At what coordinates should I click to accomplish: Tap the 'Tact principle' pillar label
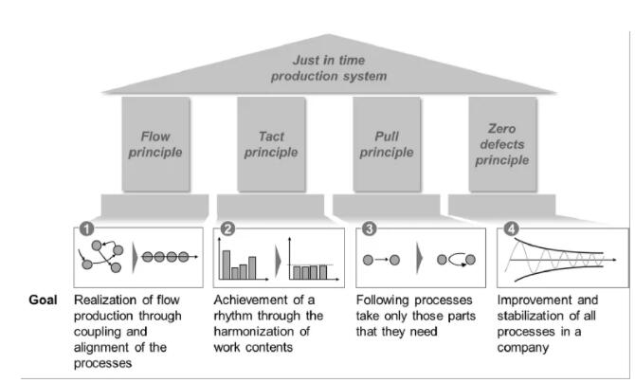pyautogui.click(x=270, y=144)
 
